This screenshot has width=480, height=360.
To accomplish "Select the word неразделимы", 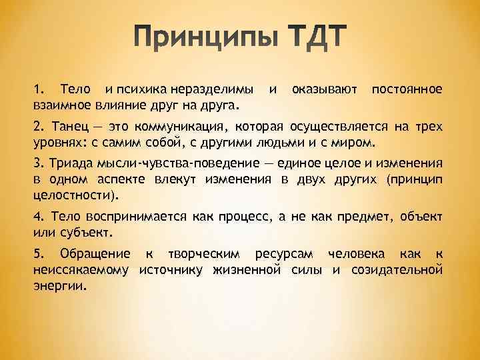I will [x=211, y=89].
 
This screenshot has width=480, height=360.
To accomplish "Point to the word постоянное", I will [x=407, y=89].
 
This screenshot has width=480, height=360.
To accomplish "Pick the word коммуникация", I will [x=181, y=127].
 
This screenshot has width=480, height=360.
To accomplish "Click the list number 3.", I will [x=37, y=165].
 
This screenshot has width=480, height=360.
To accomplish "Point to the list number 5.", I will [x=37, y=254].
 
